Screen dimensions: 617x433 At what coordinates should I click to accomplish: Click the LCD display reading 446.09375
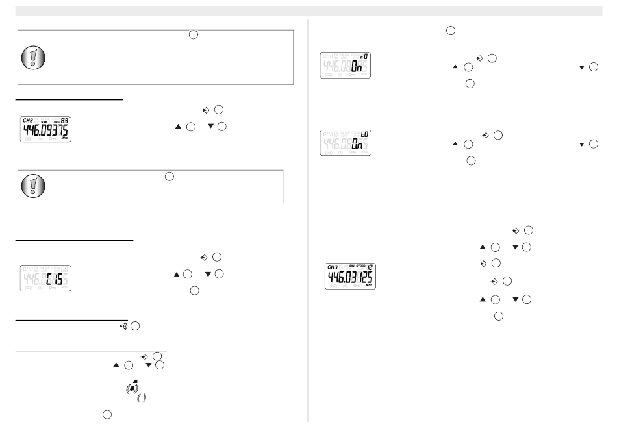tap(44, 130)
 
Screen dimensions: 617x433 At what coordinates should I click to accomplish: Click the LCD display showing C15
tap(44, 278)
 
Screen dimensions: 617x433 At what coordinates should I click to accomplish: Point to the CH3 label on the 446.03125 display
tap(333, 266)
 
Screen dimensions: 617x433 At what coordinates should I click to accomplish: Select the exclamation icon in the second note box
tap(33, 186)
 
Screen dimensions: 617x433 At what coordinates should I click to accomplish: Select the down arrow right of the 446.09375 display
tap(208, 126)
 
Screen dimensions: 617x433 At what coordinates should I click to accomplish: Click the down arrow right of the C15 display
tap(208, 275)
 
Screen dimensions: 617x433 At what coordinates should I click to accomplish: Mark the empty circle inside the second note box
tap(168, 175)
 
